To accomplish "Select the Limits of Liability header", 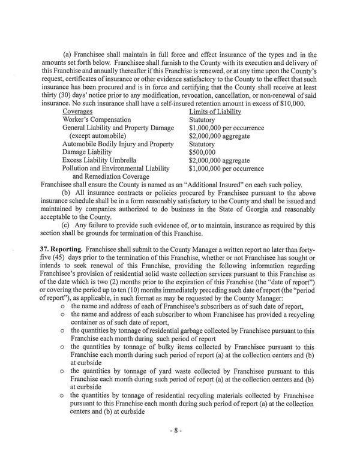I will pyautogui.click(x=214, y=112).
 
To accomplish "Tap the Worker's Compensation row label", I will pyautogui.click(x=99, y=120).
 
